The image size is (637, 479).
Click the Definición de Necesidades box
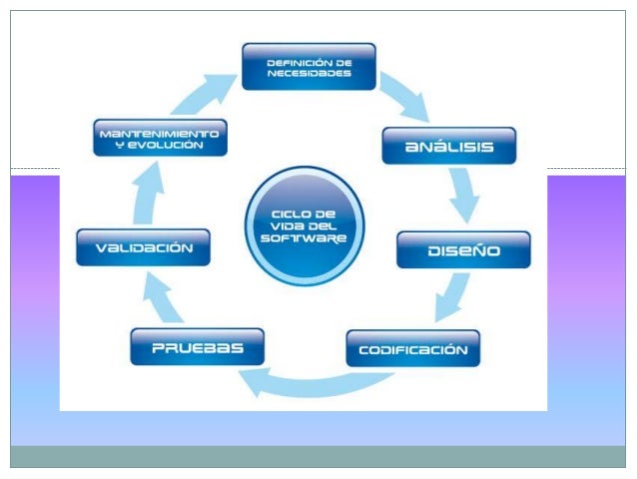pos(309,66)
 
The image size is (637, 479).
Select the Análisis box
pos(449,146)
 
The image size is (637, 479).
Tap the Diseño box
pos(462,250)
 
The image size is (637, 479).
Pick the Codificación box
pos(412,349)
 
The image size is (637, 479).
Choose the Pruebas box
pos(197,348)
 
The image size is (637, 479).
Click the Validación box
pos(144,247)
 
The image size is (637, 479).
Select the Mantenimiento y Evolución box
pos(160,138)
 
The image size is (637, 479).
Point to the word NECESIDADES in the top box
pos(309,73)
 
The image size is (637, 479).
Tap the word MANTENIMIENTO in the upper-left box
pos(160,132)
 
